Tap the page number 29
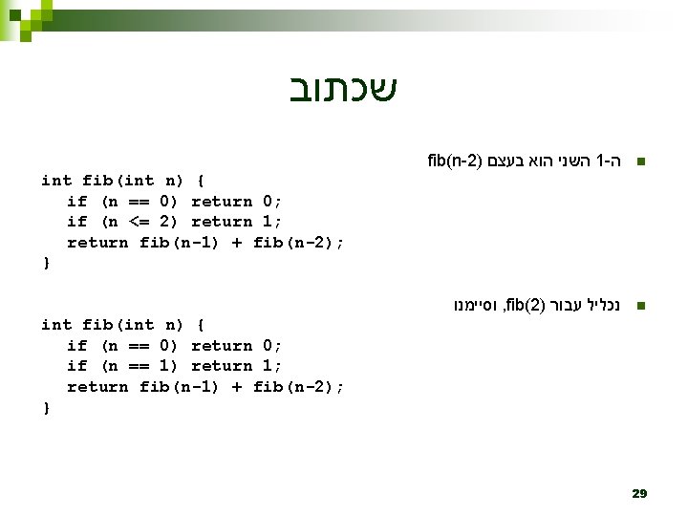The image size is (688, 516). click(x=639, y=493)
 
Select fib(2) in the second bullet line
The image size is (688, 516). click(x=525, y=307)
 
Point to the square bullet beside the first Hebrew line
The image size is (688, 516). click(x=641, y=161)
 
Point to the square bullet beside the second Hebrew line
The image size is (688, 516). click(x=641, y=307)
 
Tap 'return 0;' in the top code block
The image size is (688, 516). click(x=236, y=201)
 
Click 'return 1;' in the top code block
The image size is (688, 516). click(x=236, y=222)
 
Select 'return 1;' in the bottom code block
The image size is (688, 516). click(x=236, y=366)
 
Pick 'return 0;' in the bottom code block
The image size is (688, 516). click(x=236, y=346)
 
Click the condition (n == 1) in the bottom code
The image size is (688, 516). click(x=140, y=366)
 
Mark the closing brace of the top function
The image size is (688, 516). click(x=45, y=263)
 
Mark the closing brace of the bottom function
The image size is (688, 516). click(x=45, y=407)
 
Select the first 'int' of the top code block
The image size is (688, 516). click(x=56, y=181)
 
